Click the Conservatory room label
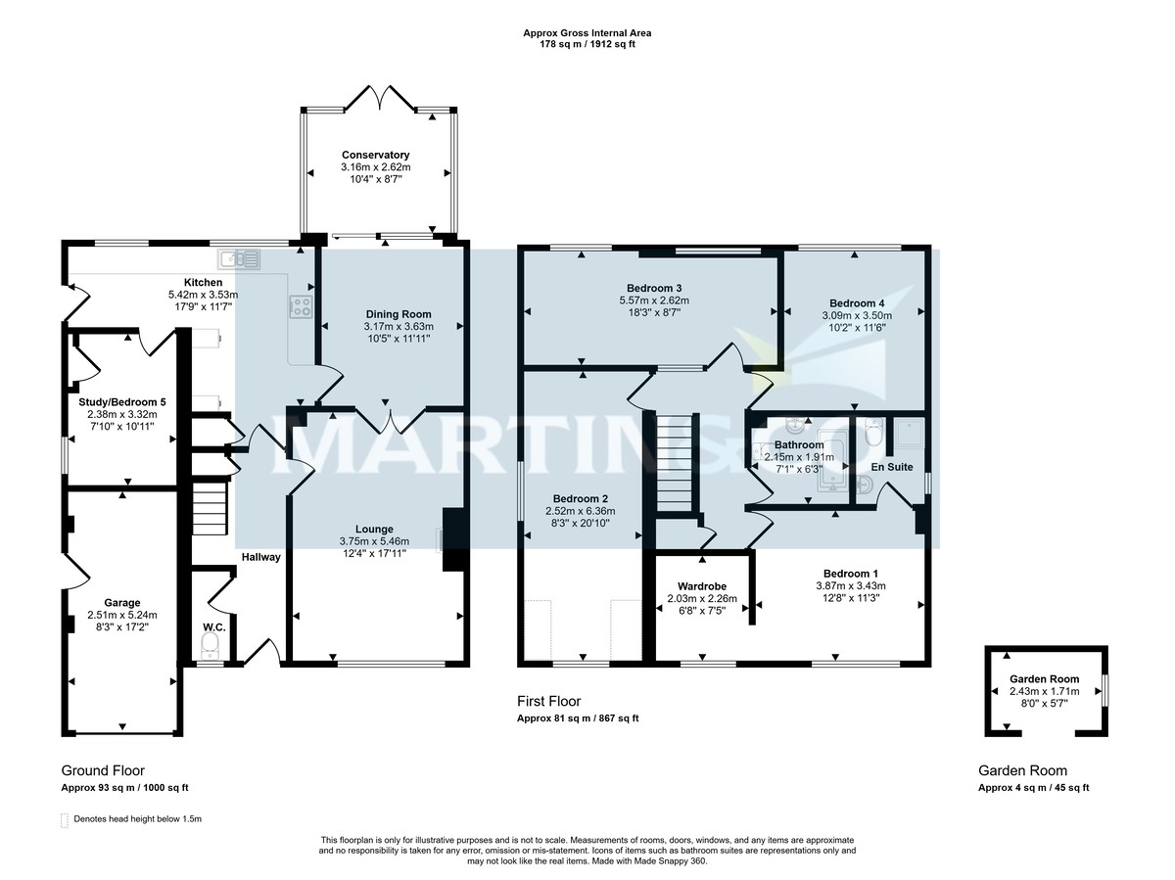coord(375,155)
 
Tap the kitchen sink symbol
coord(239,259)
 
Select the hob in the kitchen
coord(301,307)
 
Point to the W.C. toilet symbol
coord(210,647)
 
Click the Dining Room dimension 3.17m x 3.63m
coord(399,326)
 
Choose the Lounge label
coord(374,529)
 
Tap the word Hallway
coord(260,557)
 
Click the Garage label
coord(122,603)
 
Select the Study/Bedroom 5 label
coord(122,402)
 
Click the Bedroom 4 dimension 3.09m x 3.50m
coord(857,315)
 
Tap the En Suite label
coord(892,467)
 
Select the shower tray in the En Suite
coord(911,433)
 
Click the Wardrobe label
coord(702,586)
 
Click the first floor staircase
coord(675,463)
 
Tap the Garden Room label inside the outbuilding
coord(1044,679)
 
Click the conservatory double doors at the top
coord(380,99)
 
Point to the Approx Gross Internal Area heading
coord(587,33)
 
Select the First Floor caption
coord(548,701)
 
